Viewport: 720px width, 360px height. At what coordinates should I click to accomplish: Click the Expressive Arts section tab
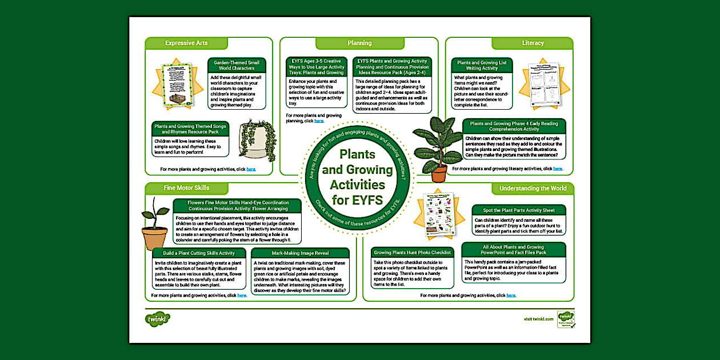coord(186,43)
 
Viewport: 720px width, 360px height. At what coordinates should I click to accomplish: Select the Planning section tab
coord(359,43)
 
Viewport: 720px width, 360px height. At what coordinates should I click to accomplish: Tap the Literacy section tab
coord(533,43)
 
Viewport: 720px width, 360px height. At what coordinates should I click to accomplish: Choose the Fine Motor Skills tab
coord(186,188)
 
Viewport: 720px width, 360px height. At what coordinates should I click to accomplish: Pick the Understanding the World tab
coord(533,189)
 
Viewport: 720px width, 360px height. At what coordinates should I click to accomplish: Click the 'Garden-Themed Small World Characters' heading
coord(237,65)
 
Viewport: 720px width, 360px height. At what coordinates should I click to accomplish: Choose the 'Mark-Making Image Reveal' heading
coord(300,253)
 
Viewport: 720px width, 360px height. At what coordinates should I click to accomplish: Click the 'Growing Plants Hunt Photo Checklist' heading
coord(412,252)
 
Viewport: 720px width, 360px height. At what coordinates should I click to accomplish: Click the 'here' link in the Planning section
coord(319,121)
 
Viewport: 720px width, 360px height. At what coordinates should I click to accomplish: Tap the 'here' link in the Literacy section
coord(558,169)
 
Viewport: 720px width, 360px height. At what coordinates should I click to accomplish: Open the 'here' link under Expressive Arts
coord(251,169)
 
